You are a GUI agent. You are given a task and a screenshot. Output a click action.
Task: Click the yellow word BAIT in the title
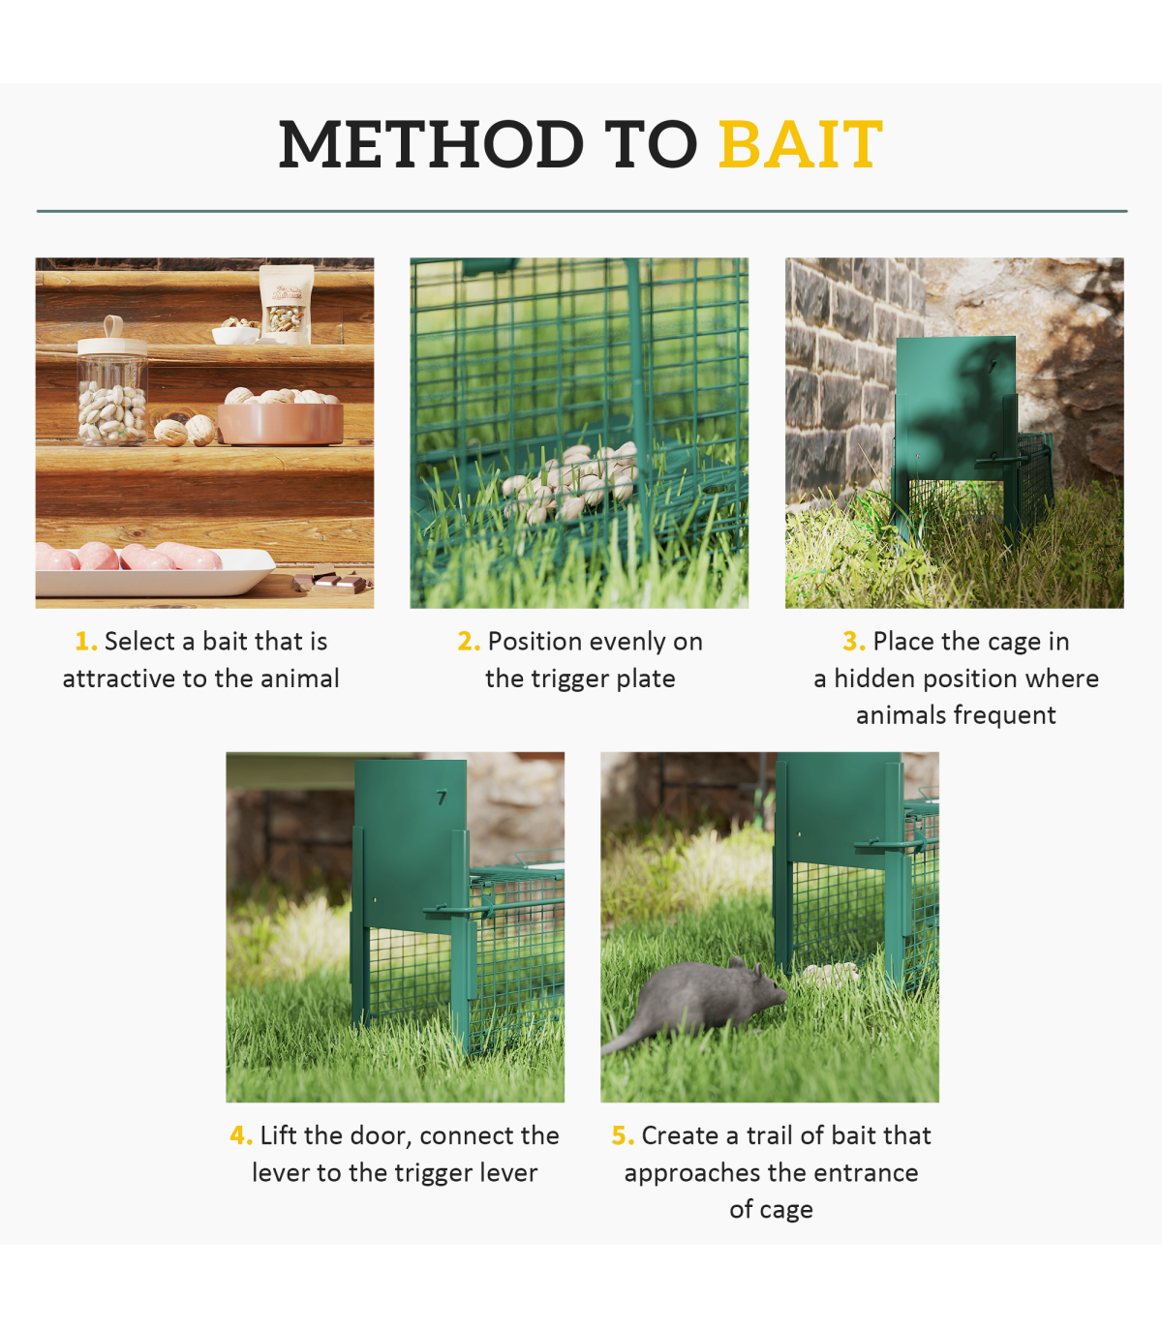[800, 144]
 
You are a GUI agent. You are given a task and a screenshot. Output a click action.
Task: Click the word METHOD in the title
[431, 144]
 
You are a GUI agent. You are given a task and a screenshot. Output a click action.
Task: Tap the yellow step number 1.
[85, 642]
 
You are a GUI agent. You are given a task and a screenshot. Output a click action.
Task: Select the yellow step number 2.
[468, 642]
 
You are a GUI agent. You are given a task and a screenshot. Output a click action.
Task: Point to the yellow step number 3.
[854, 642]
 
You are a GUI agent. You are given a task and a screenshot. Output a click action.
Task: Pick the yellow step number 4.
[241, 1136]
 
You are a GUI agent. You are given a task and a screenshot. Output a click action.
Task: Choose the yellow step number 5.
[623, 1136]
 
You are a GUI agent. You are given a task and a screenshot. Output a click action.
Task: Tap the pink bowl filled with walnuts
[281, 416]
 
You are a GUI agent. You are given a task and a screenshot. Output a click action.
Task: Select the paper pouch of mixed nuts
[287, 304]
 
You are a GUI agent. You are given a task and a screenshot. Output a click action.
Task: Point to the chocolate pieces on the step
[331, 580]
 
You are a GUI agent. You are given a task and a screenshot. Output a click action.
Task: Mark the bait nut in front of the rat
[830, 974]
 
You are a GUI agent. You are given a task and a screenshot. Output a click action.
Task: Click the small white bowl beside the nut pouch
[235, 334]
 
